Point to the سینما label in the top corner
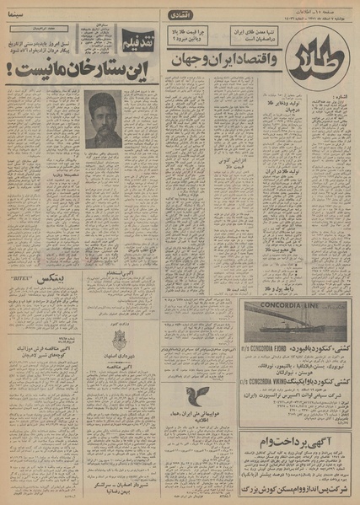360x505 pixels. coord(18,13)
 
